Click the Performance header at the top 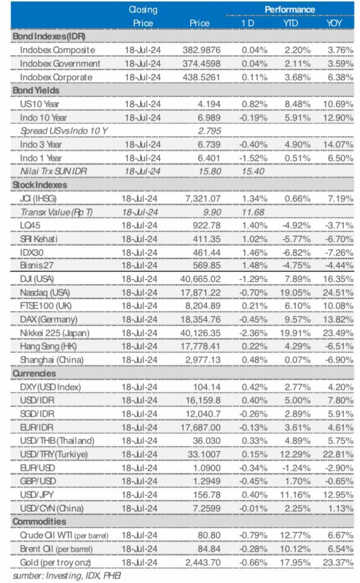[289, 9]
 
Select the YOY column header [334, 23]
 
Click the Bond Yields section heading [36, 90]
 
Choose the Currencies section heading [35, 373]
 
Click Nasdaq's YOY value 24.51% [337, 292]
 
